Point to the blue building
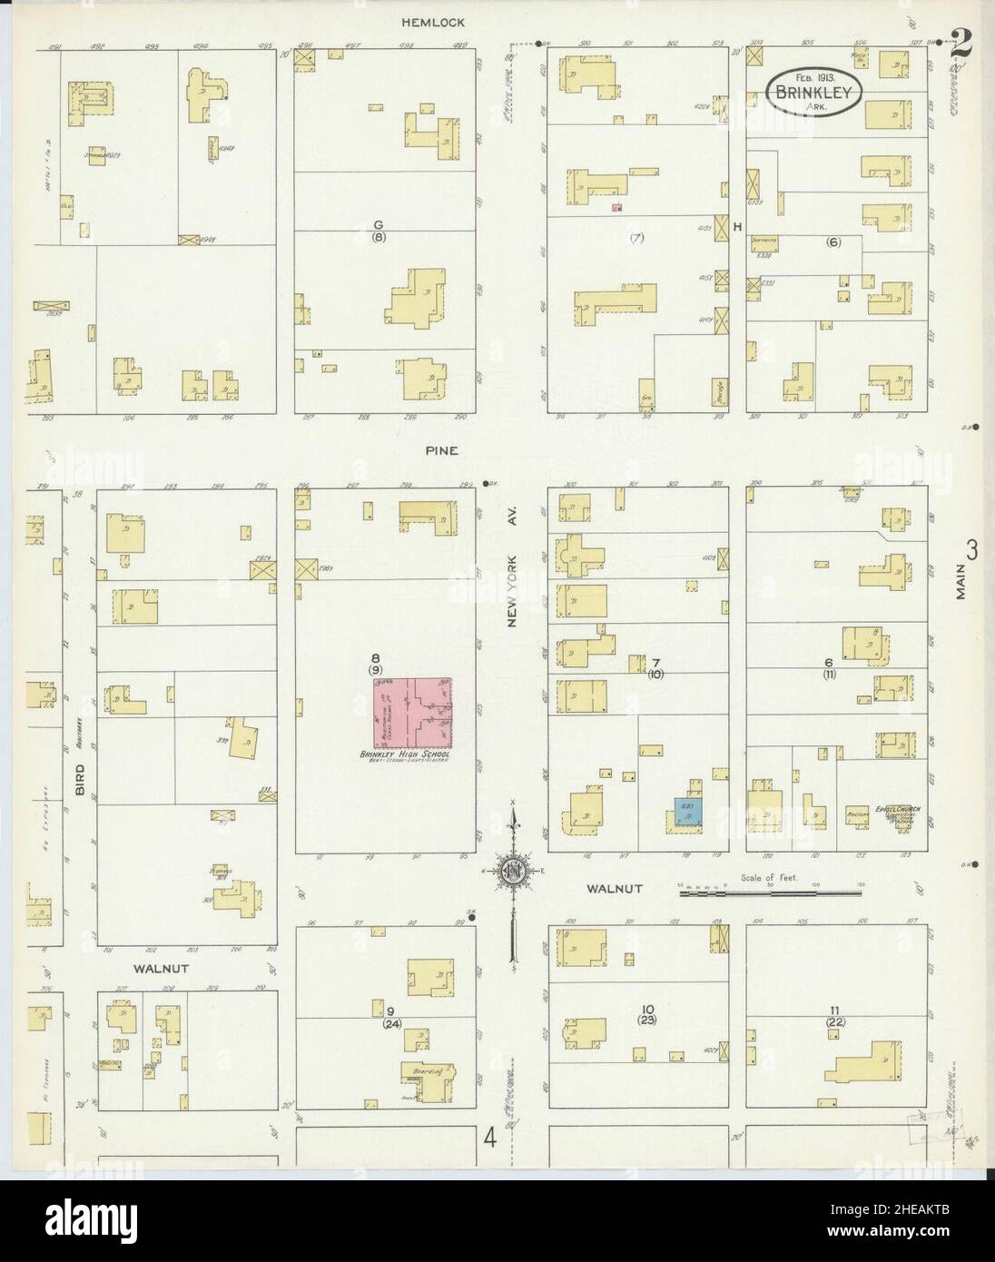687,809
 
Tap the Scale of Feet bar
770,894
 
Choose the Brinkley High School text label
416,754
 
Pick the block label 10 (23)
647,1015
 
